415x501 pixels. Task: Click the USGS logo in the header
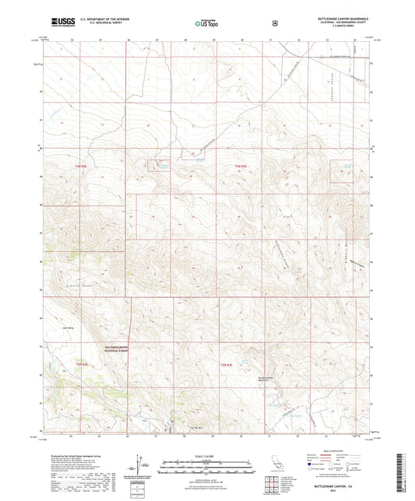[x=58, y=23]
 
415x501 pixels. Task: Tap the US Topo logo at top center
[x=206, y=24]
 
